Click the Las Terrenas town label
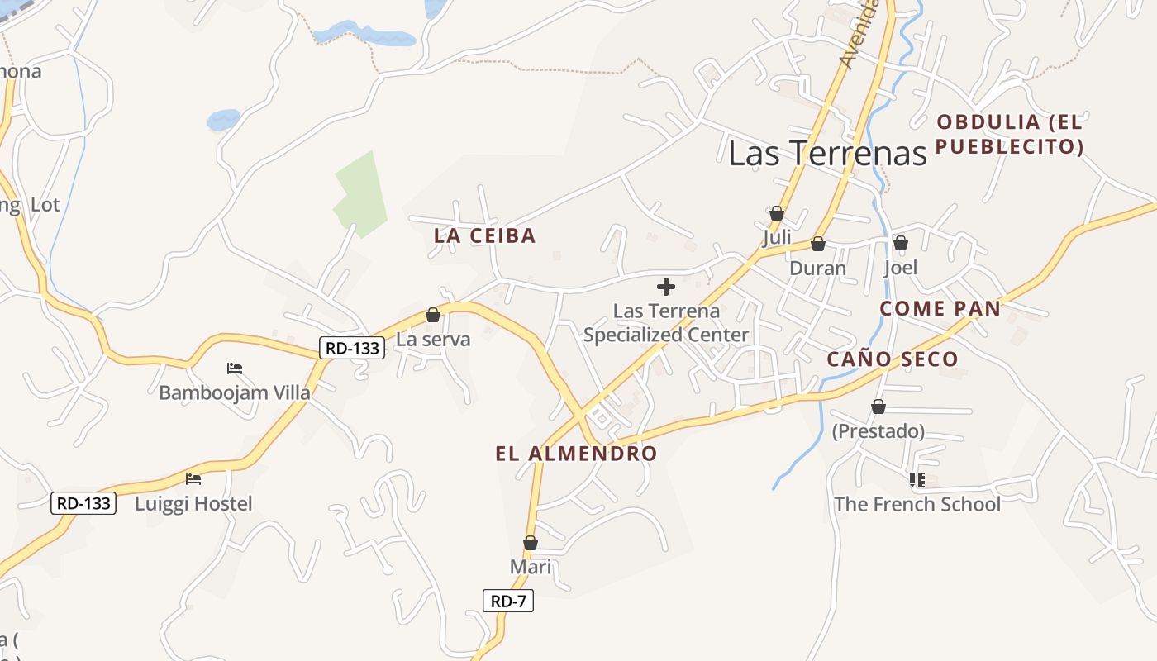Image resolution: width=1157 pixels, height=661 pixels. (x=827, y=153)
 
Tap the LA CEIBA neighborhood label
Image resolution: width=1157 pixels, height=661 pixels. (x=485, y=235)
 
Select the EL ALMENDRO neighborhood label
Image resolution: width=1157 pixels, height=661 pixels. (x=576, y=453)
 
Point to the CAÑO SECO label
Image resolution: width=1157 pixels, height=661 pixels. (x=893, y=359)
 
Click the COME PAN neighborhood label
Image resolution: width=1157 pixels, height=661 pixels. (x=940, y=308)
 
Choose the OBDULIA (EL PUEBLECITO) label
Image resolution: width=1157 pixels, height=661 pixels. (x=1009, y=135)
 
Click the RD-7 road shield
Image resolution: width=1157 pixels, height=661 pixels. (x=508, y=602)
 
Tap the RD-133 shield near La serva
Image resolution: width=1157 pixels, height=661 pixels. (x=353, y=348)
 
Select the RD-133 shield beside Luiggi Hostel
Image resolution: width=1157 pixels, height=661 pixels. (x=83, y=502)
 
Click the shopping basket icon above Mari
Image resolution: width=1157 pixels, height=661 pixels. (x=531, y=543)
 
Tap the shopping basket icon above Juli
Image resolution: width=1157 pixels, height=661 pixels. (x=777, y=213)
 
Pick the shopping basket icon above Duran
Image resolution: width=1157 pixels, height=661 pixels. (x=818, y=244)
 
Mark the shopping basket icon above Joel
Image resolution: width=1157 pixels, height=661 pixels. (x=901, y=243)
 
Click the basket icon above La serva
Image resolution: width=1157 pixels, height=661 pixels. (x=432, y=315)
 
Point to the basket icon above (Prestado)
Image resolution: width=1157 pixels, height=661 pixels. (x=878, y=407)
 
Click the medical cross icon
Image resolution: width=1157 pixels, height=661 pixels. (x=665, y=287)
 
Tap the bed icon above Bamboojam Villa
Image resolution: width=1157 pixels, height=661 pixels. (x=235, y=368)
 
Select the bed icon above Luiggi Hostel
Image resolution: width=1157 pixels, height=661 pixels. (x=193, y=478)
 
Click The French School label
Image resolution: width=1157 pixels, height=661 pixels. (x=917, y=504)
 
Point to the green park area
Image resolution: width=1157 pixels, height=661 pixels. (x=361, y=197)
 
